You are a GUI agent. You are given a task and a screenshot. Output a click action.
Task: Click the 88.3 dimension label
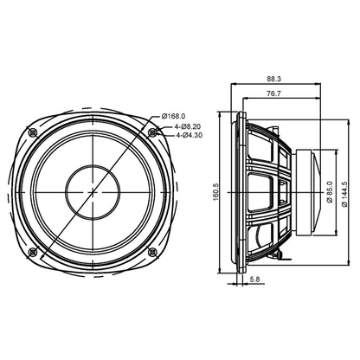(273, 79)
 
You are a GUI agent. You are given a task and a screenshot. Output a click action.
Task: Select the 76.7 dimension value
(273, 93)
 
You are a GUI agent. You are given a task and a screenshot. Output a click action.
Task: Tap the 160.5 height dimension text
(217, 192)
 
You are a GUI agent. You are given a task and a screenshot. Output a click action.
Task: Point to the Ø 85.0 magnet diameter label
(331, 192)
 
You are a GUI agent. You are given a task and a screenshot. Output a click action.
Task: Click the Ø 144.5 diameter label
(344, 194)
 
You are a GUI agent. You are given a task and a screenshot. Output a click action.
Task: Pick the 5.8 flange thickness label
(254, 279)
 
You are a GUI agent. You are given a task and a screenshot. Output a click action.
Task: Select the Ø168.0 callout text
(173, 116)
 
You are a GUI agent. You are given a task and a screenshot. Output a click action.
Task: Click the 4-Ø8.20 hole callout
(188, 126)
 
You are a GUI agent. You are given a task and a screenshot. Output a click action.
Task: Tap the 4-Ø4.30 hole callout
(189, 135)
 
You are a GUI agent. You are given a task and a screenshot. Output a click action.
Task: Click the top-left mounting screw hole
(33, 132)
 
